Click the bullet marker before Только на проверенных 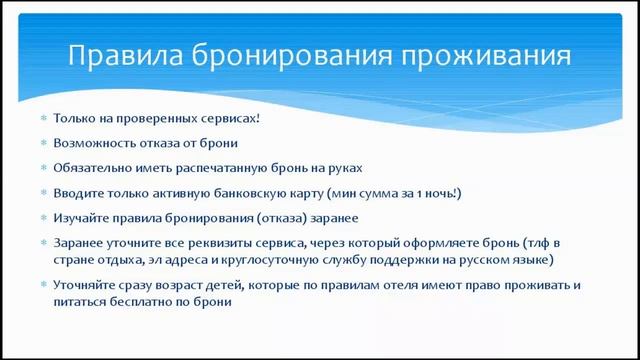(x=43, y=118)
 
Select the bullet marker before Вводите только (x=43, y=192)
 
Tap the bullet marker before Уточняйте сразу (x=43, y=285)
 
